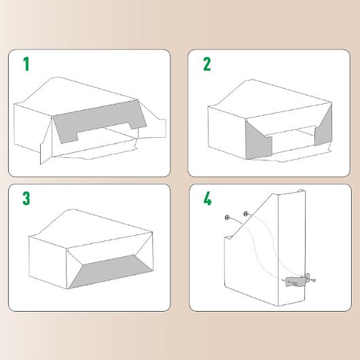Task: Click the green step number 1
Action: point(26,64)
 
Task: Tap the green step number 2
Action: point(207,64)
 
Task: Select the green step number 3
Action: point(26,198)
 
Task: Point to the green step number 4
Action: point(207,199)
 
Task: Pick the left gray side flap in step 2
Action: point(257,142)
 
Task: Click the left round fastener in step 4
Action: point(228,217)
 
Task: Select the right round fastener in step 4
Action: point(246,214)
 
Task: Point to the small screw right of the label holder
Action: point(314,280)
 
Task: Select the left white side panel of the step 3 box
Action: point(48,262)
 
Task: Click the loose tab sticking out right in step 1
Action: point(152,128)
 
